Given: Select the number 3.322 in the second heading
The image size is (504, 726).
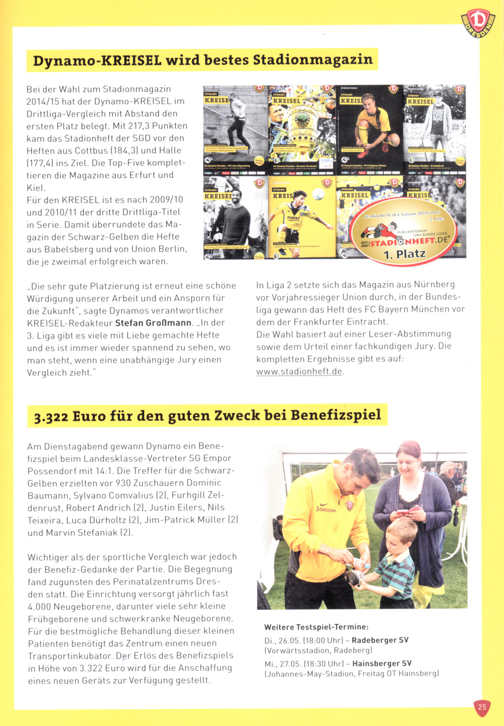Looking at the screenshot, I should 51,417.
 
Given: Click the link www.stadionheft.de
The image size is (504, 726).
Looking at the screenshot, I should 299,372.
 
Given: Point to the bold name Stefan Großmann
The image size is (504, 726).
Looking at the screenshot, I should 153,323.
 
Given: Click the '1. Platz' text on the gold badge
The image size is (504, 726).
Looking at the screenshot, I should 405,254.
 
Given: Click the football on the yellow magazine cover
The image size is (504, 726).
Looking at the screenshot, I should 318,193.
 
